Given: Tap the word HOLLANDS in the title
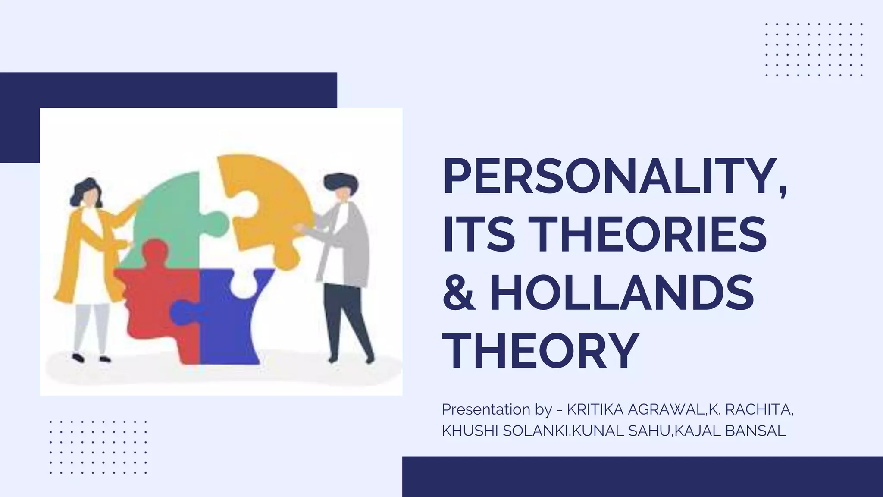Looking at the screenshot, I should (x=622, y=293).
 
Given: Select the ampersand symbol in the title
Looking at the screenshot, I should (x=460, y=293).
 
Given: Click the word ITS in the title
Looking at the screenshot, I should (x=479, y=235).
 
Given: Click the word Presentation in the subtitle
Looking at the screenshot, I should (x=485, y=409).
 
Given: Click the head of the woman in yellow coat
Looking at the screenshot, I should (x=88, y=194).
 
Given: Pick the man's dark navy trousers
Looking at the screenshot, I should (x=345, y=319).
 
